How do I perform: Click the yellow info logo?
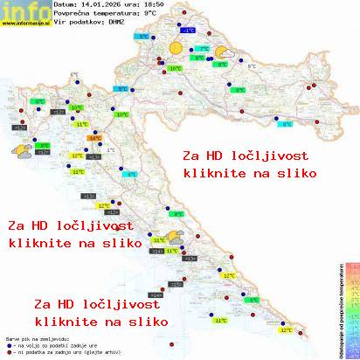tap(24, 10)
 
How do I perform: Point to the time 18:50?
tap(151, 4)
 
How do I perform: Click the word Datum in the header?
tap(64, 4)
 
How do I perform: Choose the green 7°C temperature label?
tap(204, 49)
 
